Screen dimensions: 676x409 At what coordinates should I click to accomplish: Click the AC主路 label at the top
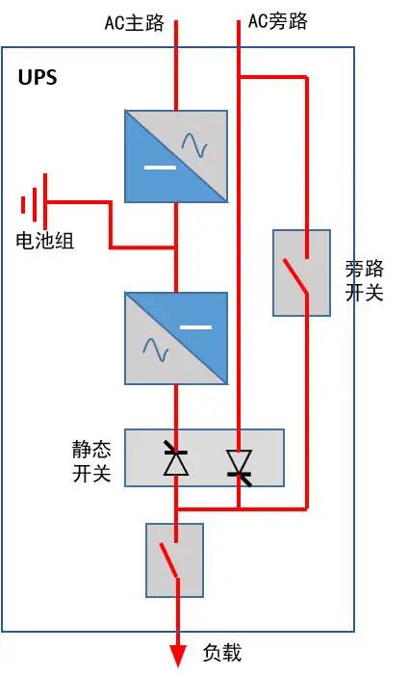(134, 21)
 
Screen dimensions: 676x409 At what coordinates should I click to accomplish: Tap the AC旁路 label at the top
(278, 21)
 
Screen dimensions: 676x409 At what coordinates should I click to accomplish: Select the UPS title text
(38, 78)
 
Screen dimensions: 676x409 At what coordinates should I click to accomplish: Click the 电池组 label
(45, 241)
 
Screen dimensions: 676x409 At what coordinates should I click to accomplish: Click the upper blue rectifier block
(176, 156)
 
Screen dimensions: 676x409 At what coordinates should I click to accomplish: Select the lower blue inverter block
(176, 338)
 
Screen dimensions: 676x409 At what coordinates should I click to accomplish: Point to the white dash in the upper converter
(159, 169)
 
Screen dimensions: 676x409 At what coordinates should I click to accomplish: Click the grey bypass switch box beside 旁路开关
(301, 273)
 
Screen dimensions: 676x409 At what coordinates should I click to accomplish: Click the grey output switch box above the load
(174, 559)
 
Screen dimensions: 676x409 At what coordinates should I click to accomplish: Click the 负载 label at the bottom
(221, 653)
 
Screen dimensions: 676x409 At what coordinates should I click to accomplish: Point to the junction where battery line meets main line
(176, 247)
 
